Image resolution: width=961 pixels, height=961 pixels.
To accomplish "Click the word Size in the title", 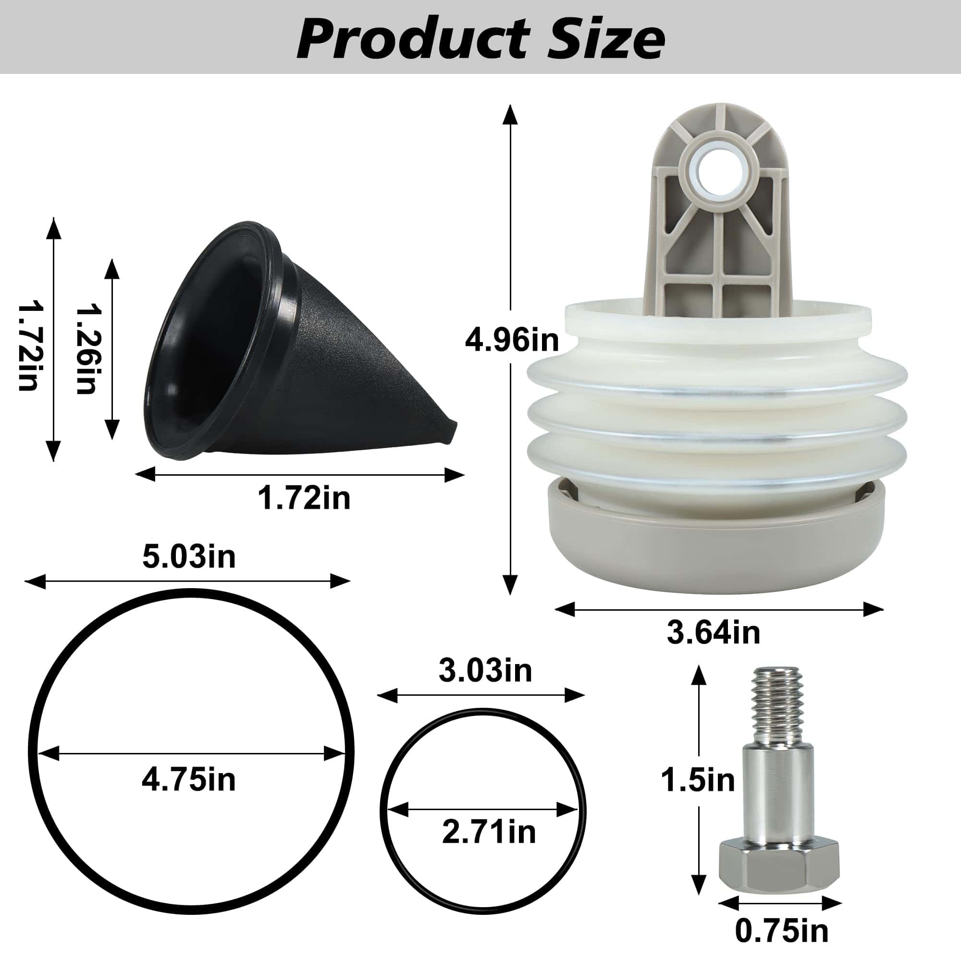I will pyautogui.click(x=603, y=38).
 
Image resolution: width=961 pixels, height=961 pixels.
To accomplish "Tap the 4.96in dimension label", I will pyautogui.click(x=511, y=341).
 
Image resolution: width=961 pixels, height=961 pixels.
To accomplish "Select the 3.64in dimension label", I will pyautogui.click(x=713, y=633).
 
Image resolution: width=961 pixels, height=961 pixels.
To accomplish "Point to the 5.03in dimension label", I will pyautogui.click(x=188, y=556).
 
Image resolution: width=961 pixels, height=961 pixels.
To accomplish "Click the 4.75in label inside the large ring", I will pyautogui.click(x=188, y=779).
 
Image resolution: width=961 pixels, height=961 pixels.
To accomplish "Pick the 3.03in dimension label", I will pyautogui.click(x=485, y=671).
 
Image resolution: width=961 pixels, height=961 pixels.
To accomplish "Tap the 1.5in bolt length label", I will pyautogui.click(x=697, y=780).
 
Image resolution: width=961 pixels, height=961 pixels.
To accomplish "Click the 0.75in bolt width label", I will pyautogui.click(x=781, y=931).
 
